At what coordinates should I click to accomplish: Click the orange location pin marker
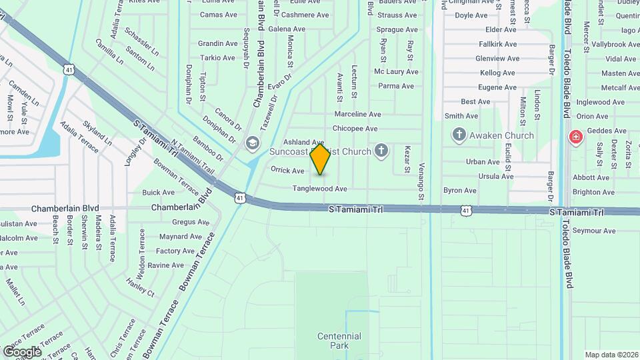click(x=321, y=159)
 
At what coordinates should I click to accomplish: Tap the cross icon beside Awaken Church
click(x=459, y=135)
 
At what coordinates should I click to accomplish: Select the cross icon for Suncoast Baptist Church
click(x=381, y=151)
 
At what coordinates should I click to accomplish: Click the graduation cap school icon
click(x=252, y=143)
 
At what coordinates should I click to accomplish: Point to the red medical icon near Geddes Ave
click(x=574, y=138)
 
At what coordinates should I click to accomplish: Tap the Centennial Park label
click(x=339, y=341)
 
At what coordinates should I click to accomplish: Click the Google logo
click(x=22, y=351)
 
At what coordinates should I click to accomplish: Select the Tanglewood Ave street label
click(x=320, y=189)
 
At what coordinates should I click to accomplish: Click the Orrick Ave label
click(x=287, y=171)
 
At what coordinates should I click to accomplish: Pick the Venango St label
click(x=421, y=181)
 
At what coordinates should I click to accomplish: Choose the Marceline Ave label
click(x=357, y=114)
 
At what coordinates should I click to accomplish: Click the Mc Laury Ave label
click(x=396, y=72)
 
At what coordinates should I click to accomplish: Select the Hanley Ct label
click(x=140, y=288)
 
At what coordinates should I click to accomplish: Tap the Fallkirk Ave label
click(x=497, y=44)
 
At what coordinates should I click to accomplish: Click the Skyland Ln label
click(x=97, y=133)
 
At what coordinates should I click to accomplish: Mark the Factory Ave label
click(x=175, y=251)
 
